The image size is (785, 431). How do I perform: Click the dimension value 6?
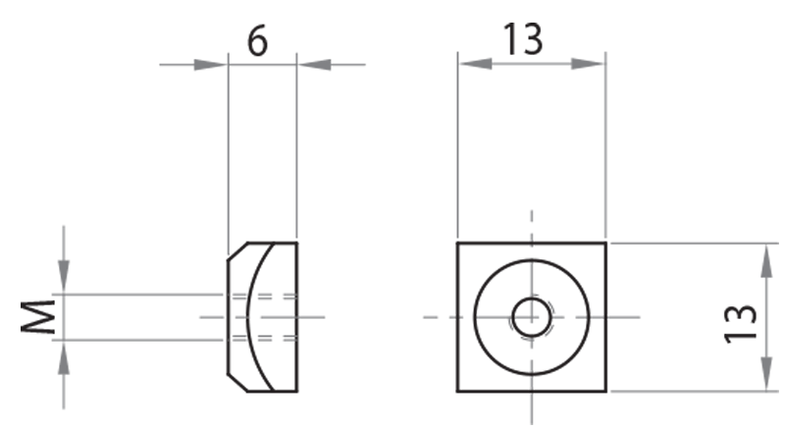tap(256, 40)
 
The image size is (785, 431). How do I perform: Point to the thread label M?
tap(38, 317)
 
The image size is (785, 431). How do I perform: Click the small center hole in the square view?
tap(531, 317)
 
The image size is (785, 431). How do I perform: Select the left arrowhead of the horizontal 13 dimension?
tap(473, 64)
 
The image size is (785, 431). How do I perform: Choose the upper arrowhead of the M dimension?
tap(64, 279)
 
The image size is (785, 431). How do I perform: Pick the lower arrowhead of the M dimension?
tap(64, 355)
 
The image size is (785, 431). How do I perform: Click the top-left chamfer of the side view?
tap(236, 250)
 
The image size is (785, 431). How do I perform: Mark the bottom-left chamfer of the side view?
tap(236, 383)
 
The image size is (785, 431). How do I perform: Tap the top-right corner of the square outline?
tap(605, 242)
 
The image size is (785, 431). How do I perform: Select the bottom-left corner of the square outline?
tap(458, 392)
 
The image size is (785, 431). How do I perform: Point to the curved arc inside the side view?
tap(249, 317)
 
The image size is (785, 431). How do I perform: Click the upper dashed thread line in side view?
tap(265, 295)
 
